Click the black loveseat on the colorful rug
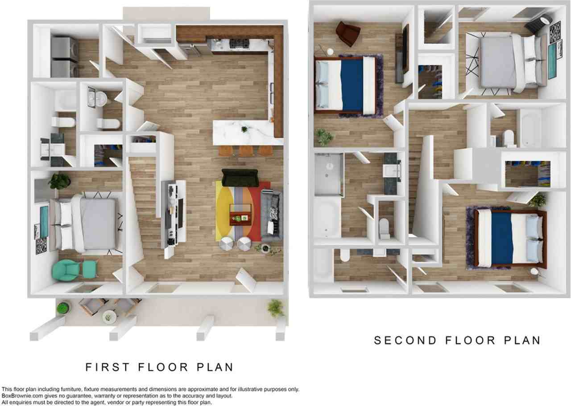(240, 178)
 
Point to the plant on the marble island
(244, 130)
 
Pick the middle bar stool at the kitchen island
(245, 150)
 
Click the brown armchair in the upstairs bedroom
(348, 33)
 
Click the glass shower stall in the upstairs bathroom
(329, 174)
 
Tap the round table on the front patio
(108, 317)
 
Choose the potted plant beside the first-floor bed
(60, 181)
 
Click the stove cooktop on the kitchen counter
(239, 44)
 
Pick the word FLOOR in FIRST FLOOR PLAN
(159, 367)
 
